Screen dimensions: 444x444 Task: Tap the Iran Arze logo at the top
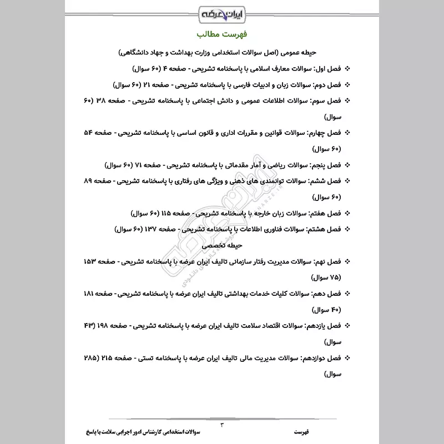[x=222, y=12]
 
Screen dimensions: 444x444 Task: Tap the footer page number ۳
[x=222, y=425]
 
